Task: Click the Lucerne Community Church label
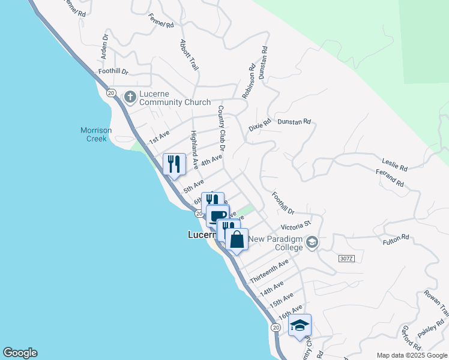point(175,98)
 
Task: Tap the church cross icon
point(130,97)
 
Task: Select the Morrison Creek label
point(94,134)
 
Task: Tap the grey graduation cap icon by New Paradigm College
point(312,242)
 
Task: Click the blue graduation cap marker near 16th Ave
point(300,326)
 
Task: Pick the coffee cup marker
point(217,215)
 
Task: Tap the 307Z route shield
point(345,258)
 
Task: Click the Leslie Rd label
point(395,163)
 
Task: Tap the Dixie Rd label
point(260,125)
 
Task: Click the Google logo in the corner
point(20,353)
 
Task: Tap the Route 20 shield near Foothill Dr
point(111,92)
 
